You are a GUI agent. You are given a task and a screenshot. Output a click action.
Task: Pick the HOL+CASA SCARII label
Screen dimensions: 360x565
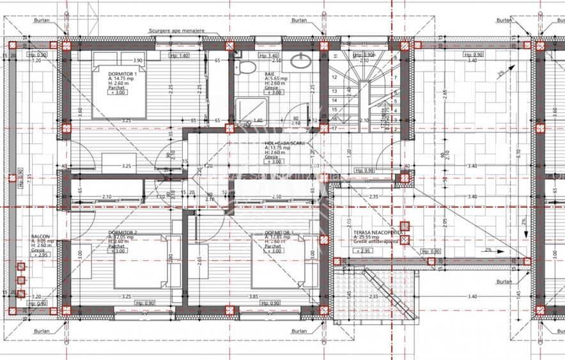coord(284,144)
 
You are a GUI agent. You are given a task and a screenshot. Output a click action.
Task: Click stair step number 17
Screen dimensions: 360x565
coord(334,128)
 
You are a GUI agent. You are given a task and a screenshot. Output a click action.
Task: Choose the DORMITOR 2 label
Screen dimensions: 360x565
coord(123,232)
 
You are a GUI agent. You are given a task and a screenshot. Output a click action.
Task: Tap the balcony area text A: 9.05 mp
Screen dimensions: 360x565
coord(43,241)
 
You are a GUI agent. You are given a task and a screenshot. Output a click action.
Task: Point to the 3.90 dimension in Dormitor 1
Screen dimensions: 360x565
coord(137,60)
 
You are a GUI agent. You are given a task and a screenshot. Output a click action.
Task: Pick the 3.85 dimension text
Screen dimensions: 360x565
coord(254,296)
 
